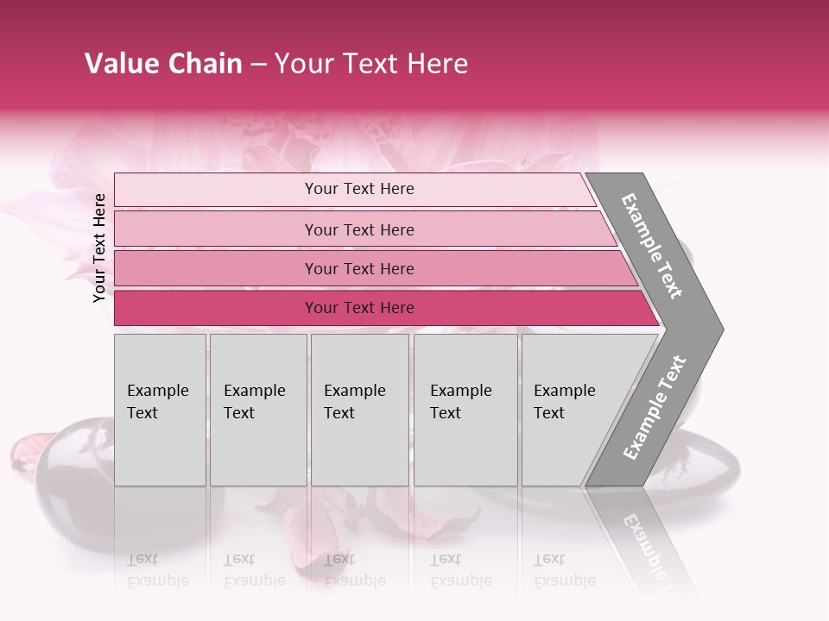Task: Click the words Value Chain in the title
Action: [x=163, y=64]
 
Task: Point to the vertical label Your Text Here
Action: [x=99, y=248]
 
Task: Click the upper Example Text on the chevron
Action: [x=653, y=246]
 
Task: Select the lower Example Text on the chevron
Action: [x=655, y=407]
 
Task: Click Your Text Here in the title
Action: [x=371, y=64]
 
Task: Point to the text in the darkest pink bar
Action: [x=359, y=308]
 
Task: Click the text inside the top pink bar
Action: [x=359, y=189]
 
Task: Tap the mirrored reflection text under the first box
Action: [x=158, y=569]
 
